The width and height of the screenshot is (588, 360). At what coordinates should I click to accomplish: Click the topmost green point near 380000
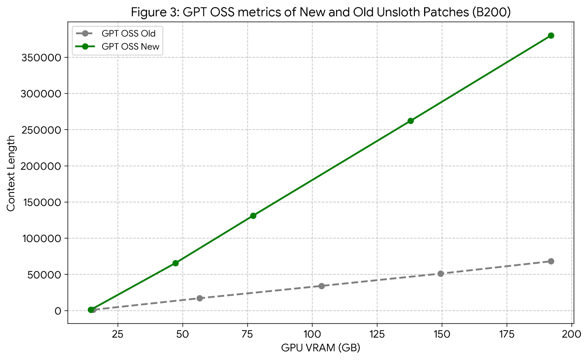point(551,36)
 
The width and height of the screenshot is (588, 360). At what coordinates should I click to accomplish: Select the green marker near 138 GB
point(410,121)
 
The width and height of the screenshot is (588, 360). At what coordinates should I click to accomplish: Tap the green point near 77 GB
point(253,216)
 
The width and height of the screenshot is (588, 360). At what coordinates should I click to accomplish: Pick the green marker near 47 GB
point(175,263)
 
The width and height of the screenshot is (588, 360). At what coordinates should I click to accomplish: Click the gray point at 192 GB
point(551,261)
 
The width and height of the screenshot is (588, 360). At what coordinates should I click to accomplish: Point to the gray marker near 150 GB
point(441,274)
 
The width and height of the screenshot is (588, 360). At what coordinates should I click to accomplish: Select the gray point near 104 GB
point(322,286)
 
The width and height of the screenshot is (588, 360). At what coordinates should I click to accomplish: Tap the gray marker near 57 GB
point(200,298)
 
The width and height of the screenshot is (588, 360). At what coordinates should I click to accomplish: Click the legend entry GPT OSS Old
point(128,34)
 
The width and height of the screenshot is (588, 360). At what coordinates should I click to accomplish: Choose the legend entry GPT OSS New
point(130,47)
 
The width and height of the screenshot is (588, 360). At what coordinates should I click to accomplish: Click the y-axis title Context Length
point(11,173)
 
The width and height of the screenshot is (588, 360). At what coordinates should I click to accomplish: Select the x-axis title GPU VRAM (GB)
point(320,348)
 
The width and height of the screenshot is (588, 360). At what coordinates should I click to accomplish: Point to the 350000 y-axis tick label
point(40,58)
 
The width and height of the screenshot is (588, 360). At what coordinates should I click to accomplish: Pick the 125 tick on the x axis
point(377,334)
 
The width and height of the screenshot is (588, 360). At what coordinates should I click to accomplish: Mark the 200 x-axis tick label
point(572,334)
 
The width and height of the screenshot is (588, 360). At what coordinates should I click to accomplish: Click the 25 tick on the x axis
point(118,334)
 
